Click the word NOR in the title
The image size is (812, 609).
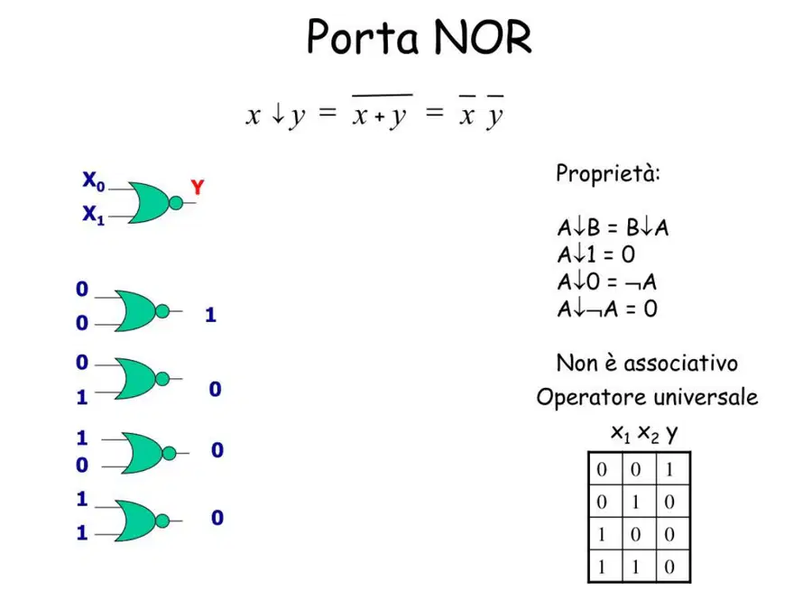tap(483, 37)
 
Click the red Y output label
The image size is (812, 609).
tap(198, 187)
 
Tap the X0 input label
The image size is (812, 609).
tap(94, 180)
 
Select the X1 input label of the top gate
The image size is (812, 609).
tap(94, 215)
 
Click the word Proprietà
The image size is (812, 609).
tap(608, 173)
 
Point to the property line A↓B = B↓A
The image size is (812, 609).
tap(614, 227)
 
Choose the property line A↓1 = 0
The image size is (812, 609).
tap(596, 254)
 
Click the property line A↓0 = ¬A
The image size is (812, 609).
tap(607, 281)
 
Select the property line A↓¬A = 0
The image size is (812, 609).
tap(607, 309)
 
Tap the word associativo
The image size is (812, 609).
tap(680, 363)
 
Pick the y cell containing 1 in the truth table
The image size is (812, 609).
tap(670, 470)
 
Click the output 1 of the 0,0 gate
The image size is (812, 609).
tap(210, 315)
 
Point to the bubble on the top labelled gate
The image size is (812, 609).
tap(176, 202)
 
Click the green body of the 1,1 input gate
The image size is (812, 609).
tap(134, 521)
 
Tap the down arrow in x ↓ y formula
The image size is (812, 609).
tap(278, 113)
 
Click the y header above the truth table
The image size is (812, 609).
tap(671, 433)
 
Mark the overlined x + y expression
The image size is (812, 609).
tap(382, 111)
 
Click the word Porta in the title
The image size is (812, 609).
tap(363, 37)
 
